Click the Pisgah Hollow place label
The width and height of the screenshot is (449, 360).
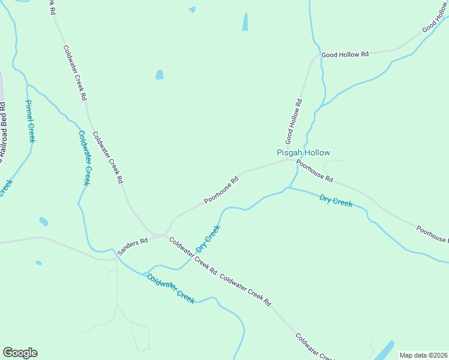pos(303,153)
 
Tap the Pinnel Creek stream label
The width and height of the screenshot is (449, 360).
pos(29,121)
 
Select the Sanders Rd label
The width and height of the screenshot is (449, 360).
pos(133,246)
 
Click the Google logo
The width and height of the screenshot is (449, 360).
pos(20,353)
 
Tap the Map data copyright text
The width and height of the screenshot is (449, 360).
pos(423,355)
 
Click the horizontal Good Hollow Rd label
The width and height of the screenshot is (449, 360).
pos(345,55)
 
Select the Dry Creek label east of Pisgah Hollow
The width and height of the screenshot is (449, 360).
pos(336,201)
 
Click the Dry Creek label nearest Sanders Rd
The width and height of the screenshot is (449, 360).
pos(208,238)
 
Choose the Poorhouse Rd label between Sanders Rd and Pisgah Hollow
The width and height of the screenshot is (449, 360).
pos(221,190)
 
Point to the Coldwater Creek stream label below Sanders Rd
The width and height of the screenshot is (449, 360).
pos(171,289)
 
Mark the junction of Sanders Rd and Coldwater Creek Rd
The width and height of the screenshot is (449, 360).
pos(163,235)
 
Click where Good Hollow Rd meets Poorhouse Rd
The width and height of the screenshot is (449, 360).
pos(294,160)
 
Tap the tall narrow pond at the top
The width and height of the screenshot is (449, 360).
pos(245,22)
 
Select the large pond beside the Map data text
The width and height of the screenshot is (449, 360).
pos(384,350)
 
